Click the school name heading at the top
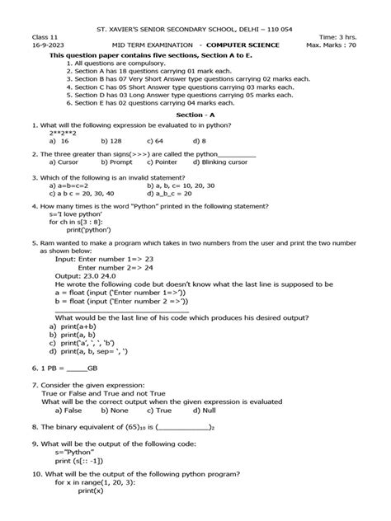[195, 8]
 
